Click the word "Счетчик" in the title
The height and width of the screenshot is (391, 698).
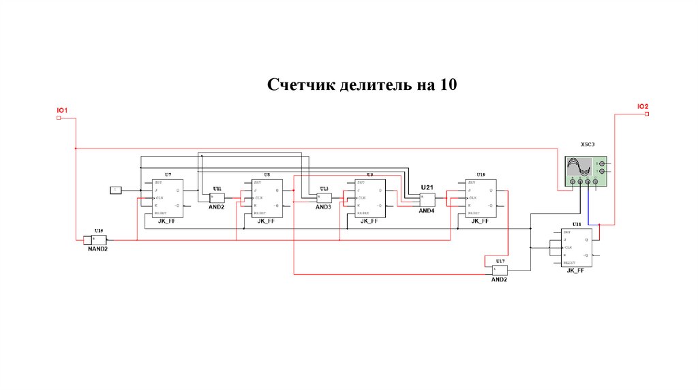click(296, 85)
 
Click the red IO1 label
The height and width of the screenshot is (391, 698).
click(61, 110)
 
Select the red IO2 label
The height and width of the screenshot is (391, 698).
click(643, 106)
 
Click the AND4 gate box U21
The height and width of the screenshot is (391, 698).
click(427, 200)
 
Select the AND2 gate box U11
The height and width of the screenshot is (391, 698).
click(217, 198)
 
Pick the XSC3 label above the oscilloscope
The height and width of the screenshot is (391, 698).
click(588, 144)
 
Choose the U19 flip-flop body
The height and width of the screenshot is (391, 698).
click(481, 198)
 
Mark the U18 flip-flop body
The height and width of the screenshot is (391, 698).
click(576, 247)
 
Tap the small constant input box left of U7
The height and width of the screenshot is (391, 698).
click(116, 189)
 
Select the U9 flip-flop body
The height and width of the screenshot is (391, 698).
click(369, 198)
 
